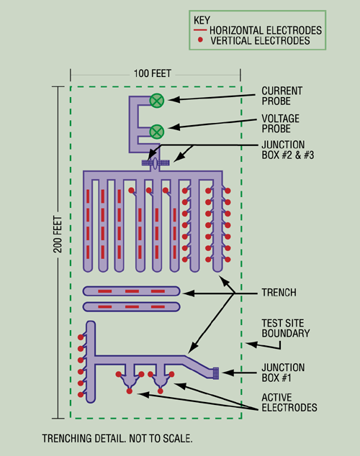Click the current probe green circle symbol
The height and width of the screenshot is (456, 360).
[157, 100]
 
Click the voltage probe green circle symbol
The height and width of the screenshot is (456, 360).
[157, 130]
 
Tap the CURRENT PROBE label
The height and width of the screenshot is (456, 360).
[282, 96]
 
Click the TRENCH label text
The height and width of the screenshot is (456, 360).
[278, 294]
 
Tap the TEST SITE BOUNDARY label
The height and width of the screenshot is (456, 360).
[285, 328]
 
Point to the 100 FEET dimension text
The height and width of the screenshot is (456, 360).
[155, 73]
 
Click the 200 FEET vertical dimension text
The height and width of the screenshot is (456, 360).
[60, 249]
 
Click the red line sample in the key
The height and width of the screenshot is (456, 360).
[198, 30]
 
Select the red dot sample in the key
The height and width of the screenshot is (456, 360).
[200, 42]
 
